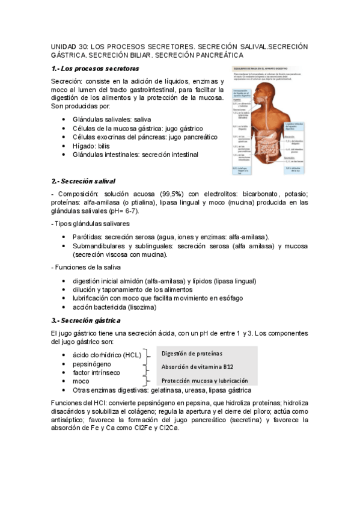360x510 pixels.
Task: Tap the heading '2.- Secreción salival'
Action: tap(83, 181)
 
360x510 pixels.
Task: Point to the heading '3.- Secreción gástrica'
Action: tap(85, 320)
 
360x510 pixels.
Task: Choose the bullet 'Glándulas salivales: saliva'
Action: tap(111, 119)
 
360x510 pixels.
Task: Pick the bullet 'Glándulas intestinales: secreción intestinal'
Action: tap(135, 155)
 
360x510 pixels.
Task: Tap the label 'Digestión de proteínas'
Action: tap(192, 353)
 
